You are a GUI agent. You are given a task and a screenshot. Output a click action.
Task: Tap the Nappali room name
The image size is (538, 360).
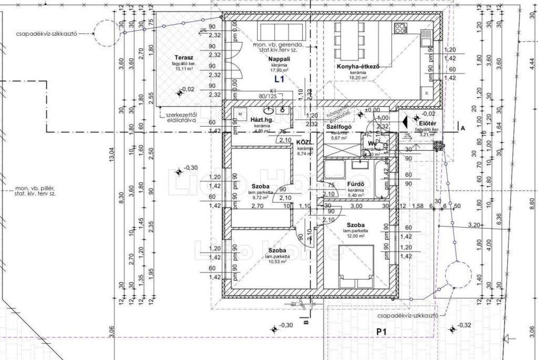click(x=280, y=59)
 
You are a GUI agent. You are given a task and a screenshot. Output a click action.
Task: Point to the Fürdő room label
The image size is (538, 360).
click(x=356, y=184)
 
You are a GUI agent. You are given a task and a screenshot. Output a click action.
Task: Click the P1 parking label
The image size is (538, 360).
click(x=381, y=332)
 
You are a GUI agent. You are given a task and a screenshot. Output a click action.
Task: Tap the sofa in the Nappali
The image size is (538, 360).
click(x=280, y=32)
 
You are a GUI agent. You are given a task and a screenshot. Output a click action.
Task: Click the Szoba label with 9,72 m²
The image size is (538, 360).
click(x=261, y=187)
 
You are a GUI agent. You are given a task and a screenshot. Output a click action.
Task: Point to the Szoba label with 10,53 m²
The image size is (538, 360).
click(x=277, y=250)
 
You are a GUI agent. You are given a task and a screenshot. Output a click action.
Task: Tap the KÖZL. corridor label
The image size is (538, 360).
click(x=304, y=142)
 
